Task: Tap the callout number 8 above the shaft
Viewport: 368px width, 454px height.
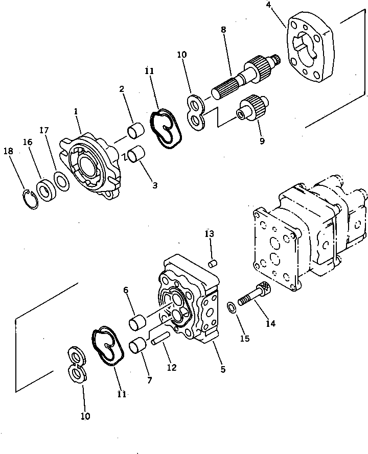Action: [223, 30]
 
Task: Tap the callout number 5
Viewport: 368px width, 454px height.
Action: [222, 369]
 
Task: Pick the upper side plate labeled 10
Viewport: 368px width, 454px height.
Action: [196, 111]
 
